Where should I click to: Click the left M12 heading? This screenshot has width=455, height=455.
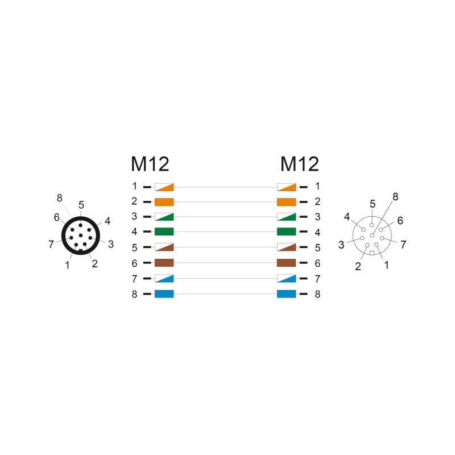tap(150, 164)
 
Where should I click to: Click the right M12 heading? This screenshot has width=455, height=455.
tap(300, 164)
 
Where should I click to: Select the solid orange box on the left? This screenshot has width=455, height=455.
tap(164, 202)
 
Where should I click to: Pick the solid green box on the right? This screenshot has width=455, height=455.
tap(287, 231)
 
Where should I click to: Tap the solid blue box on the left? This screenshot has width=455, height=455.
tap(164, 294)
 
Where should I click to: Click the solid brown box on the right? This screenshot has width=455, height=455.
tap(287, 263)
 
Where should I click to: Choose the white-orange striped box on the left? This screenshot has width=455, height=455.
tap(164, 187)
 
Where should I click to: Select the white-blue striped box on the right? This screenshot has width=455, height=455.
tap(287, 279)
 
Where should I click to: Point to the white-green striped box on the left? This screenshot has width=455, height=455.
tap(164, 217)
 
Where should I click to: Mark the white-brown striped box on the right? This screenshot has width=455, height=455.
tap(287, 247)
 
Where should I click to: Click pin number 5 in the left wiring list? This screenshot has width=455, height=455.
tap(134, 248)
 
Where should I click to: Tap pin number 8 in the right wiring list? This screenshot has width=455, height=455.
tap(318, 294)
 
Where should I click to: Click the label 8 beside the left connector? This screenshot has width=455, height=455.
tap(60, 198)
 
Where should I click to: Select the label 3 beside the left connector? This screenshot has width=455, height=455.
tap(111, 245)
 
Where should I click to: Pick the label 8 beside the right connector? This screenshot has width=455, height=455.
tap(395, 197)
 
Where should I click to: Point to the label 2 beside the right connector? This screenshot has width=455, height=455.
tap(358, 266)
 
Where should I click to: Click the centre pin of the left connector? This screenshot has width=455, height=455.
tap(81, 235)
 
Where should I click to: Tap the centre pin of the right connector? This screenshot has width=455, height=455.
tap(372, 235)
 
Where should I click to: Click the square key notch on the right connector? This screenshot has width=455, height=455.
tap(372, 253)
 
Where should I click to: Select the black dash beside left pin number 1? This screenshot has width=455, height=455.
tap(147, 187)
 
